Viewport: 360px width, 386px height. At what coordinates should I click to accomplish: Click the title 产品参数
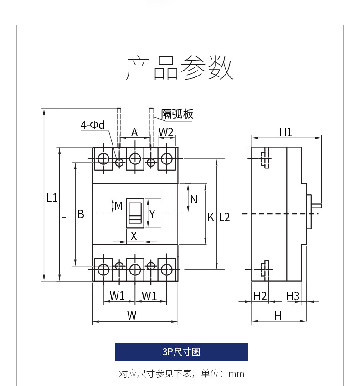tap(180, 68)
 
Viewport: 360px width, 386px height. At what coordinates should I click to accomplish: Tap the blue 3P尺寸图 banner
tap(181, 352)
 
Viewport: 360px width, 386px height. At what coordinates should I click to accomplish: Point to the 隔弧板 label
tap(177, 114)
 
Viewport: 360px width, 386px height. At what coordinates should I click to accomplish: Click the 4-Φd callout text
tap(93, 125)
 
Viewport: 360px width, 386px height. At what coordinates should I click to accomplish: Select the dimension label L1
tap(52, 198)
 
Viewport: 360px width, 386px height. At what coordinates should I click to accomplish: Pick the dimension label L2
tap(224, 218)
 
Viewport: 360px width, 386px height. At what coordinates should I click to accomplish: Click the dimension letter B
tap(81, 214)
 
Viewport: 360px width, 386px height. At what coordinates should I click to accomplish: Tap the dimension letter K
tap(211, 218)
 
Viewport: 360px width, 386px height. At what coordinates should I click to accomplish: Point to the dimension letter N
tap(194, 199)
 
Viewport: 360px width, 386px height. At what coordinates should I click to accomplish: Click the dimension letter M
tap(118, 206)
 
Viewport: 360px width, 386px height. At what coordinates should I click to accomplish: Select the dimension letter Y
tap(152, 214)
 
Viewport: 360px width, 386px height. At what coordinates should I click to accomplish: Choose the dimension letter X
tap(134, 236)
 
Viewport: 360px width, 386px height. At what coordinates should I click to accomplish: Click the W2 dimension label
tap(166, 132)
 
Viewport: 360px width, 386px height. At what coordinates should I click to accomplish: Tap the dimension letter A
tap(134, 132)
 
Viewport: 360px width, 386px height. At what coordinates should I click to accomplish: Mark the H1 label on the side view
tap(286, 132)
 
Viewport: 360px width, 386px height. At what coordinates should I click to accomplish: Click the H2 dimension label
tap(260, 296)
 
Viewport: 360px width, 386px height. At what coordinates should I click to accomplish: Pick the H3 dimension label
tap(293, 296)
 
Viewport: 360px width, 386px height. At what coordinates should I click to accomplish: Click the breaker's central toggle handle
tap(135, 213)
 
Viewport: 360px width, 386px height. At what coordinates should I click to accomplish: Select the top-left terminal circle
tap(103, 159)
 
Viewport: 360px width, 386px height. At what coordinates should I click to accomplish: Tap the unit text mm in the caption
tap(237, 374)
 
